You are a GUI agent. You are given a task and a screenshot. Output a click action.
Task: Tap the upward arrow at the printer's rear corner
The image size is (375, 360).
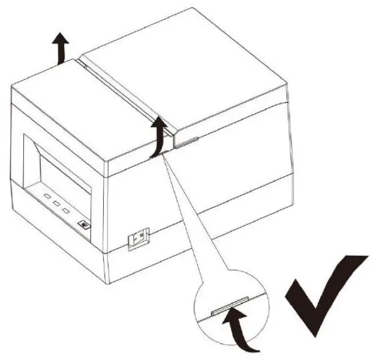click(x=60, y=49)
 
